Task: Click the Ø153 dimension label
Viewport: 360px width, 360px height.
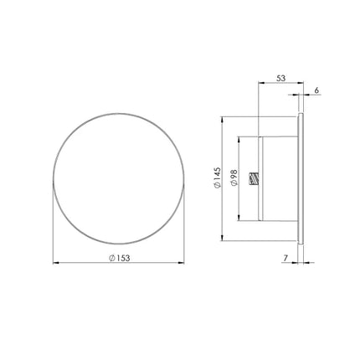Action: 120,258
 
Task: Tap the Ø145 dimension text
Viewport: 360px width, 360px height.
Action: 217,177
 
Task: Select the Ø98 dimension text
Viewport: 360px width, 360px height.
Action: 234,177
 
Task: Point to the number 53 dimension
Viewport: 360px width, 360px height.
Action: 280,78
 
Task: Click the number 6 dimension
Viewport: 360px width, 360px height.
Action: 316,90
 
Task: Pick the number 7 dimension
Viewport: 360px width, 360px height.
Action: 285,259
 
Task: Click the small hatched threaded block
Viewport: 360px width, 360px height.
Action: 254,179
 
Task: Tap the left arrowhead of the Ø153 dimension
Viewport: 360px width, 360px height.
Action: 56,263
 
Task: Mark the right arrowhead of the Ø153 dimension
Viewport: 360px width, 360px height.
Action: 181,263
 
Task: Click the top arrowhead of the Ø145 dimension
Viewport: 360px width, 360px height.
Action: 222,120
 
